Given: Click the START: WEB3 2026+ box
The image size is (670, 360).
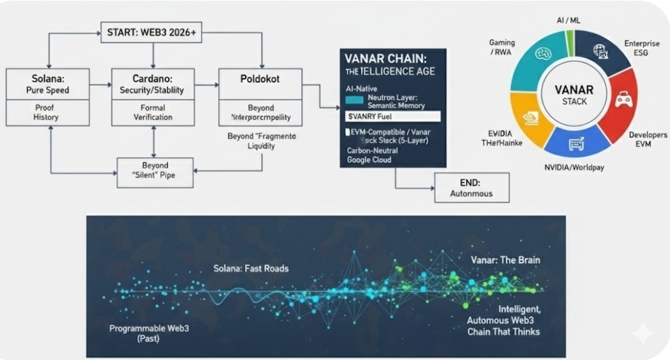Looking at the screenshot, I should [153, 32].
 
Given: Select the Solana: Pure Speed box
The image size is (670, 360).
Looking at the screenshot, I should [48, 84].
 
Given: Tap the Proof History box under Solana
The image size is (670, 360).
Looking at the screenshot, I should [48, 112].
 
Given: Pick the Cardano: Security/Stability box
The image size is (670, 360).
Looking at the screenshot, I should [153, 84].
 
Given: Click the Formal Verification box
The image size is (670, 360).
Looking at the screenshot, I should [153, 112].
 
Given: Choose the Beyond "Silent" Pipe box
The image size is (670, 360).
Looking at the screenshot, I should [155, 171].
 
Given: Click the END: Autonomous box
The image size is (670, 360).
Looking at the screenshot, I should [472, 187].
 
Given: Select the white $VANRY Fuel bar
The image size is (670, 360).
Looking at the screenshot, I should [392, 116].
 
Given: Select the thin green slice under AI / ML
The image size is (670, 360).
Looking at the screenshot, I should [571, 42].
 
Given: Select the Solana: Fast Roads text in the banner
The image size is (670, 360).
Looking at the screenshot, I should [250, 268].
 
